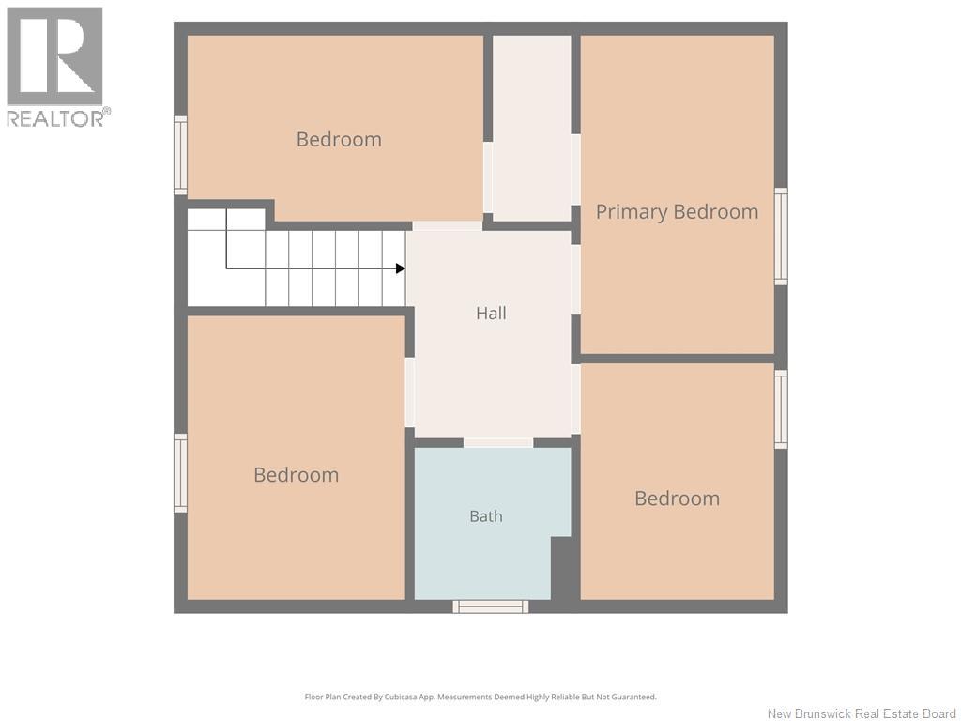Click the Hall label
(x=491, y=314)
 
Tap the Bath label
(x=486, y=516)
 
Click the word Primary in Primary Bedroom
(x=632, y=212)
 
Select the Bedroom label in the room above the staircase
(x=339, y=140)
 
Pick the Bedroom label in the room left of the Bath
(x=296, y=475)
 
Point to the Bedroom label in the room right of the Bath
(x=678, y=499)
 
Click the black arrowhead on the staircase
(x=400, y=268)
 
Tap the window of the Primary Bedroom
(x=781, y=237)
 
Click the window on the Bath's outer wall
(x=490, y=606)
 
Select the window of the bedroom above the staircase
(x=180, y=156)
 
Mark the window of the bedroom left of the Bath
(x=180, y=473)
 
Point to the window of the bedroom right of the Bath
(x=781, y=409)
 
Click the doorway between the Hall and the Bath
(x=498, y=443)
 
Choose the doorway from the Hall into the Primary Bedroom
(x=575, y=280)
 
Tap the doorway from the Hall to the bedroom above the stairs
(x=448, y=226)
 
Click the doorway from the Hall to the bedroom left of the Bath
(x=410, y=392)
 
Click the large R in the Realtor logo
(x=55, y=55)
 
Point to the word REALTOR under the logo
(x=54, y=118)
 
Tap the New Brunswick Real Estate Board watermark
(x=862, y=713)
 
